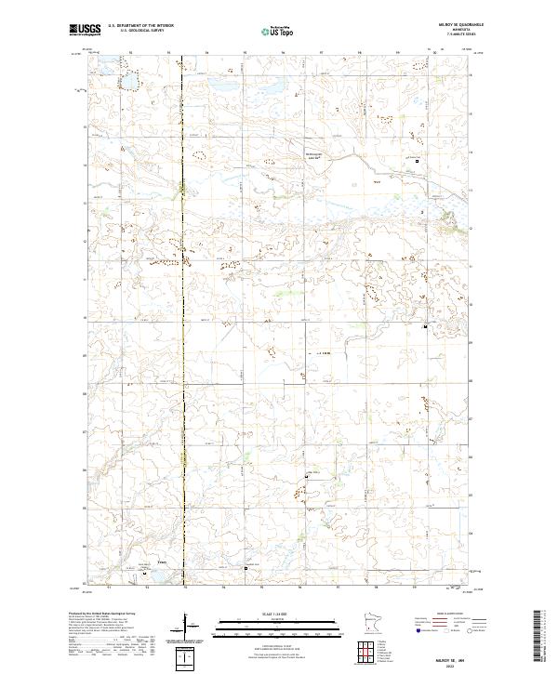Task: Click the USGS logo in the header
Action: point(85,30)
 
